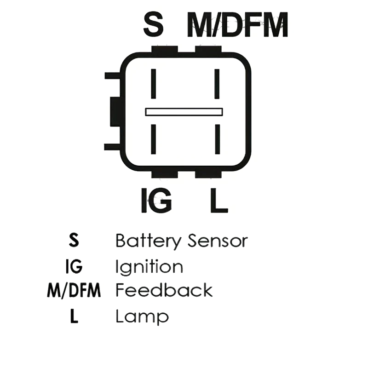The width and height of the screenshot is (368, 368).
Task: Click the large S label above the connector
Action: click(x=153, y=25)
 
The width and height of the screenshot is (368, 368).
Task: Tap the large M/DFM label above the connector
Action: click(x=237, y=25)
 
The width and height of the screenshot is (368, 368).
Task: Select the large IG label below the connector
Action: click(x=156, y=200)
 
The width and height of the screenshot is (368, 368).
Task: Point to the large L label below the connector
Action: click(x=219, y=200)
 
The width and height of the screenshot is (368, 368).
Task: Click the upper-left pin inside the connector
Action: click(x=154, y=84)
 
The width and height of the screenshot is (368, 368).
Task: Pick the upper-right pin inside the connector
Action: click(x=217, y=84)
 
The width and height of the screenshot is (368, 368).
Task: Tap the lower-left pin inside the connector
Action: click(x=154, y=139)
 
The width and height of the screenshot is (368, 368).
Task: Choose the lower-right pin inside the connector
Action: click(x=217, y=139)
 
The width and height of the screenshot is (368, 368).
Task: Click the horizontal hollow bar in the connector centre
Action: click(x=184, y=112)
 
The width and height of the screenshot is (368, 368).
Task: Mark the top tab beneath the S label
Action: click(x=165, y=49)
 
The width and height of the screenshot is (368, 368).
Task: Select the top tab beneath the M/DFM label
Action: click(x=208, y=49)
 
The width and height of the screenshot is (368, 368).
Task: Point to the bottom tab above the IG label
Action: click(x=165, y=174)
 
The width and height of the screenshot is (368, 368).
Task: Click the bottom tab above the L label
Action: click(x=208, y=174)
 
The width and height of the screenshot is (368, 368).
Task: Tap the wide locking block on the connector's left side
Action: click(x=115, y=112)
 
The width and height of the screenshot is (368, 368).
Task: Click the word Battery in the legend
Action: click(x=149, y=241)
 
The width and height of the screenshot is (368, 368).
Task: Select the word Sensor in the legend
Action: click(x=218, y=241)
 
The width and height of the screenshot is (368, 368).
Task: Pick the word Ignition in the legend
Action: click(x=149, y=268)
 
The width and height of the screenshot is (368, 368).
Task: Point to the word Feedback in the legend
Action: click(x=164, y=290)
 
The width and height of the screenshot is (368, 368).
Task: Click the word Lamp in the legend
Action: click(x=142, y=317)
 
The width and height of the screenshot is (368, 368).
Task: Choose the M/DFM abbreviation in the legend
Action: click(x=74, y=291)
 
